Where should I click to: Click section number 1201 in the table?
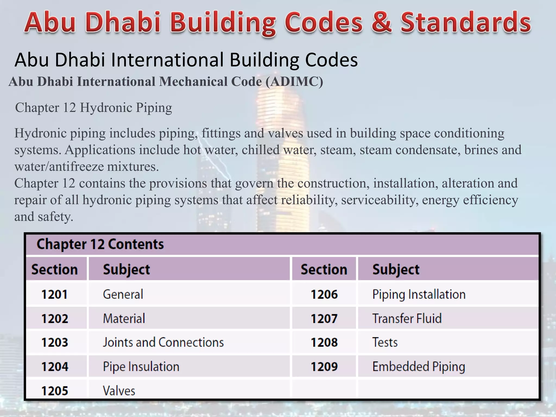tap(54, 295)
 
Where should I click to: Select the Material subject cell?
tap(124, 318)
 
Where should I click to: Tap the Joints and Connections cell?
tap(163, 342)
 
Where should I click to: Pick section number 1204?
tap(55, 367)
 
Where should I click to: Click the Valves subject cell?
tap(119, 391)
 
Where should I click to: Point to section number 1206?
tap(324, 295)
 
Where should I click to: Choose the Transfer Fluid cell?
tap(407, 318)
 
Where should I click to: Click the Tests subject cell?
tap(385, 342)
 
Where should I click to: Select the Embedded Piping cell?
tap(419, 367)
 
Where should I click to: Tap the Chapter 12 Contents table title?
tap(100, 244)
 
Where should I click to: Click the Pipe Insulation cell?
tap(141, 367)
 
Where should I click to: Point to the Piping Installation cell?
tap(419, 295)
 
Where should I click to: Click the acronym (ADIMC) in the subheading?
tap(294, 81)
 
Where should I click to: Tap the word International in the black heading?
tap(168, 60)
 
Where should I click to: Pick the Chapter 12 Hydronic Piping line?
tap(94, 108)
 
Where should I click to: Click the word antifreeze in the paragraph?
tap(77, 166)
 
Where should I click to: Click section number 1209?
tap(324, 367)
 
